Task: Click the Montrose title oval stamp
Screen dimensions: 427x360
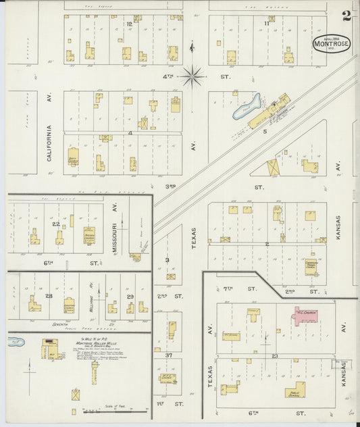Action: (331, 43)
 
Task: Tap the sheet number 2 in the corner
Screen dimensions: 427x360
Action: (346, 15)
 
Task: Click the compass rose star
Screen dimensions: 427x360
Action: (192, 76)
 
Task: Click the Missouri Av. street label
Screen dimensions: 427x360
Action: (115, 238)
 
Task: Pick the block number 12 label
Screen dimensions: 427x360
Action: (128, 24)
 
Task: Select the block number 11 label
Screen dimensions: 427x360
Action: (267, 24)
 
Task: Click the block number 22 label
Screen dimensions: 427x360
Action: (55, 224)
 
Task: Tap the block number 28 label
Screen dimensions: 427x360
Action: (49, 296)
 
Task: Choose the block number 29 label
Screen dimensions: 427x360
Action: (130, 296)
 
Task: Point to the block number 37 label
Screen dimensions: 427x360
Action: (170, 355)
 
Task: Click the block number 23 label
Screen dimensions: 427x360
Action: (275, 355)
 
